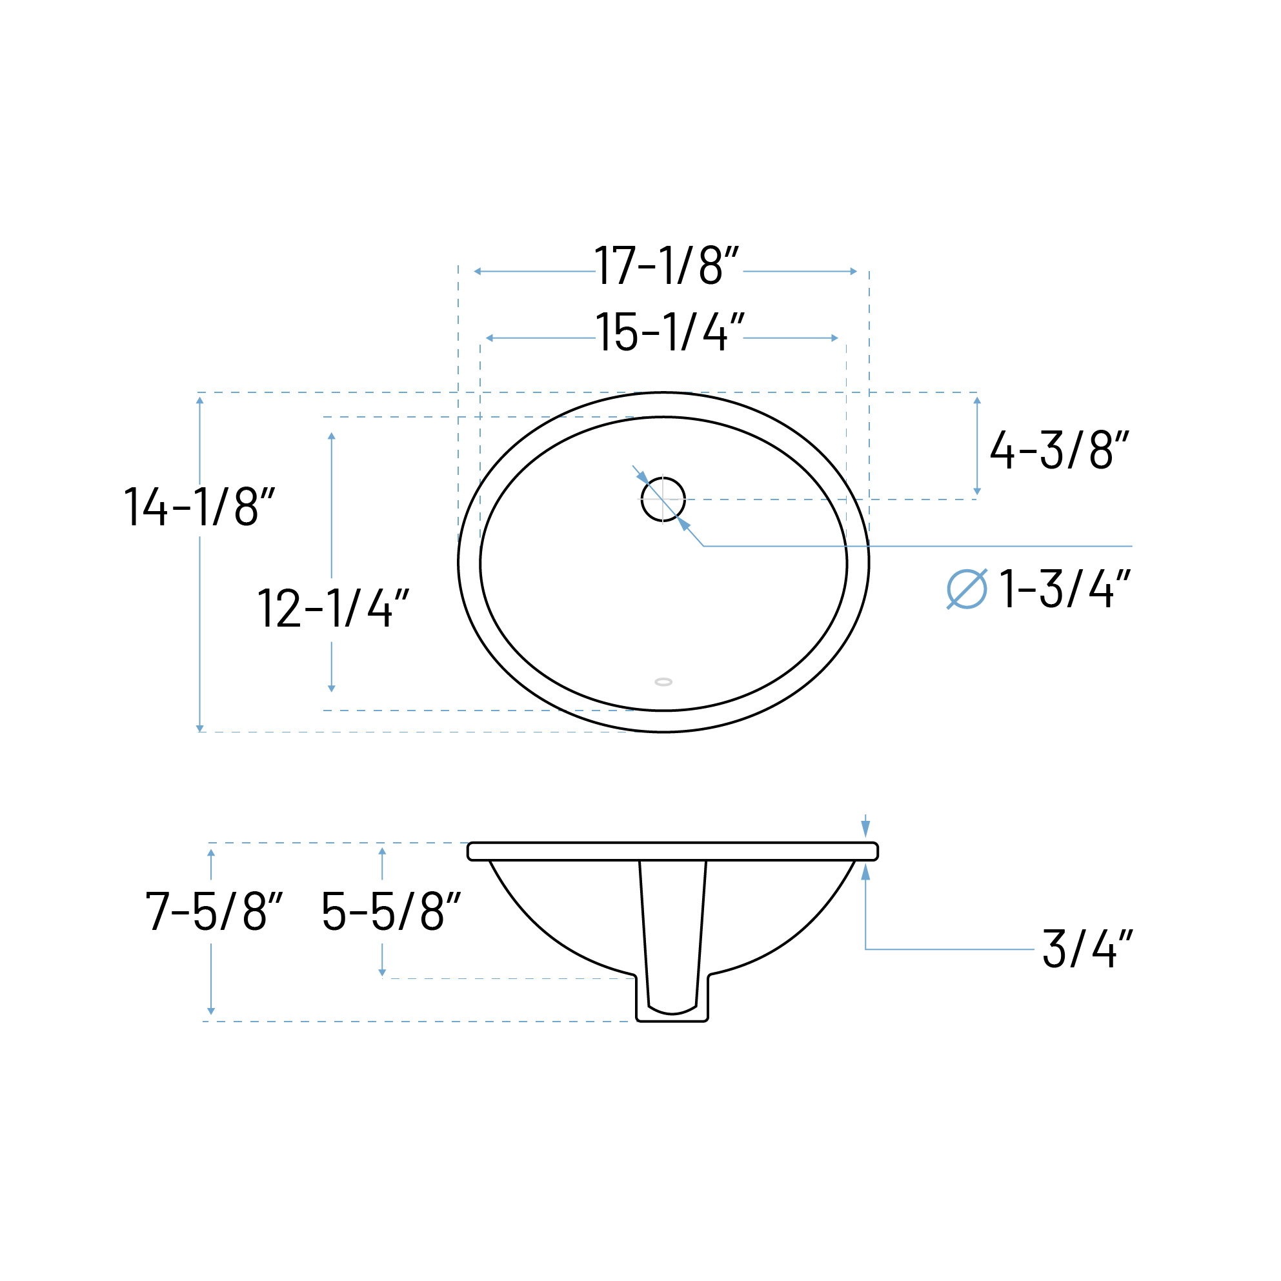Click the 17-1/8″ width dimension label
pos(667,265)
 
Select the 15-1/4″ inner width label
pos(670,332)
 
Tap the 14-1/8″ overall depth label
pos(199,507)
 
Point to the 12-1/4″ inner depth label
pos(333,608)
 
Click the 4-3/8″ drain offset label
pos(1059,450)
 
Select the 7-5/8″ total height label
pos(214,911)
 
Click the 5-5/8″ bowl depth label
pos(390,911)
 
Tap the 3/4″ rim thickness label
pos(1087,949)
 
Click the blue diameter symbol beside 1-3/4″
pos(967,589)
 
